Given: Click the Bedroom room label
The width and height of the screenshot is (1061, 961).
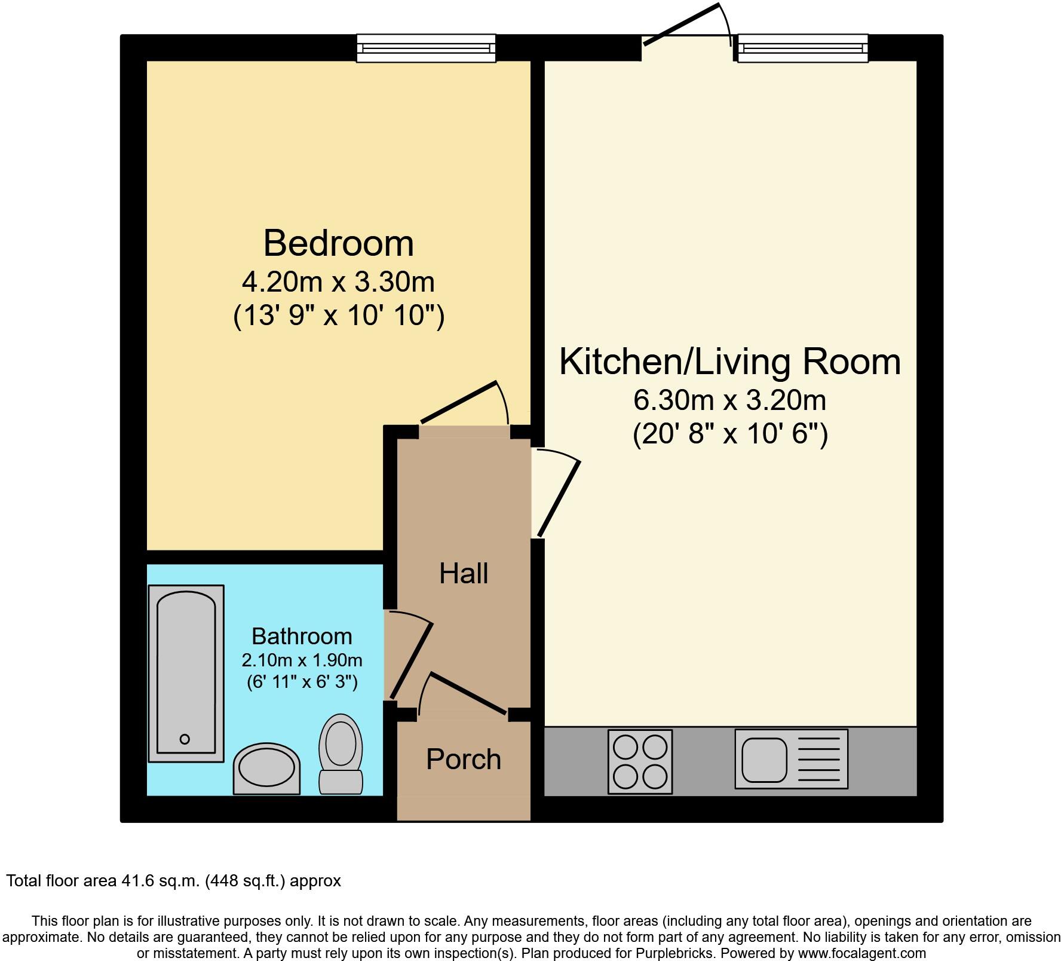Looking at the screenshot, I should (x=338, y=243).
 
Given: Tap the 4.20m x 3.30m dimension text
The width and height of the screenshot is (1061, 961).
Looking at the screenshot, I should (x=338, y=282).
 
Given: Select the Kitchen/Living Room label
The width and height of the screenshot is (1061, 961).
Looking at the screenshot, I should (x=729, y=362).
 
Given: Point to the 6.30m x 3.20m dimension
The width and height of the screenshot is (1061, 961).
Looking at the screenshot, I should (x=729, y=400).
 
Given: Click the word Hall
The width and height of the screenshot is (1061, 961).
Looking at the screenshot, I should (x=464, y=574).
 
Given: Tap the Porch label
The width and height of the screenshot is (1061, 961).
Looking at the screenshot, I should (x=464, y=760).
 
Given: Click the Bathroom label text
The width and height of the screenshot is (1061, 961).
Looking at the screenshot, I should (x=302, y=636).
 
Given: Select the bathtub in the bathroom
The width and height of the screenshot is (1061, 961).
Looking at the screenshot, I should (x=186, y=674).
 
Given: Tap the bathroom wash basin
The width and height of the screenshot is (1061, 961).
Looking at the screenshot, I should (x=266, y=769).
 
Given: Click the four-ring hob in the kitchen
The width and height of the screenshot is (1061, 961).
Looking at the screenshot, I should (x=640, y=761).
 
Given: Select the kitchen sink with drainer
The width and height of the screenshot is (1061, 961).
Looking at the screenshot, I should (x=791, y=759).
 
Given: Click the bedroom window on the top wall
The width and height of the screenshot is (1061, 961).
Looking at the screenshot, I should (x=426, y=48).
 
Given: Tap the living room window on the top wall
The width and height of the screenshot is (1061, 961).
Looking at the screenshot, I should (x=802, y=48).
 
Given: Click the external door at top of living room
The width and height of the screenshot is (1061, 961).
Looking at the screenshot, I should (x=681, y=25).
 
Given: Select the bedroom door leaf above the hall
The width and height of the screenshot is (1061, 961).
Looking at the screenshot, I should (x=458, y=402).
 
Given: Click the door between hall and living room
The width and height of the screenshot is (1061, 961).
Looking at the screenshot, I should (x=559, y=498).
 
